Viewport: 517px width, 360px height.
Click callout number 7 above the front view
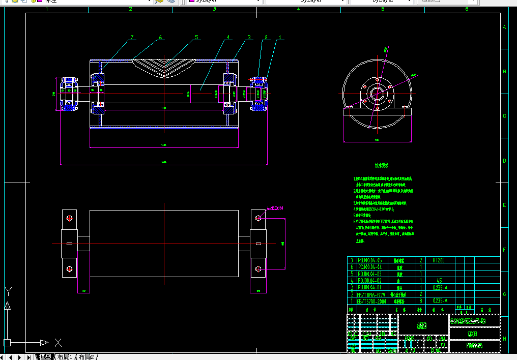(x=132, y=37)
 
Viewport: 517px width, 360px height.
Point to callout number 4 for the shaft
(x=228, y=37)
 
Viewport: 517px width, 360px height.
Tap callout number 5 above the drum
(x=196, y=37)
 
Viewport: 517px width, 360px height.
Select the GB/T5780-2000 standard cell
(x=372, y=301)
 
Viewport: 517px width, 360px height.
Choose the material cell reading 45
(x=439, y=281)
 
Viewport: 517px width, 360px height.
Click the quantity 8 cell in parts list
(x=421, y=301)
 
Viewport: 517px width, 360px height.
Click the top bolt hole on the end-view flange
(x=377, y=80)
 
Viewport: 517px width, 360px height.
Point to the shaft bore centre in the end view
(x=377, y=94)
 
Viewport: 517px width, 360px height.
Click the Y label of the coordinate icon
(x=8, y=291)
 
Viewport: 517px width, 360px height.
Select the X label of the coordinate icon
(x=58, y=342)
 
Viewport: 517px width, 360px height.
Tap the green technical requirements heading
(x=382, y=166)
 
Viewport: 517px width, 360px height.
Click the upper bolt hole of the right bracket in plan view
(x=258, y=218)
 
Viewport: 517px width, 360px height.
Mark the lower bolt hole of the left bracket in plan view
(x=69, y=268)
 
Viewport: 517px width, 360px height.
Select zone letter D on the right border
(x=504, y=161)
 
